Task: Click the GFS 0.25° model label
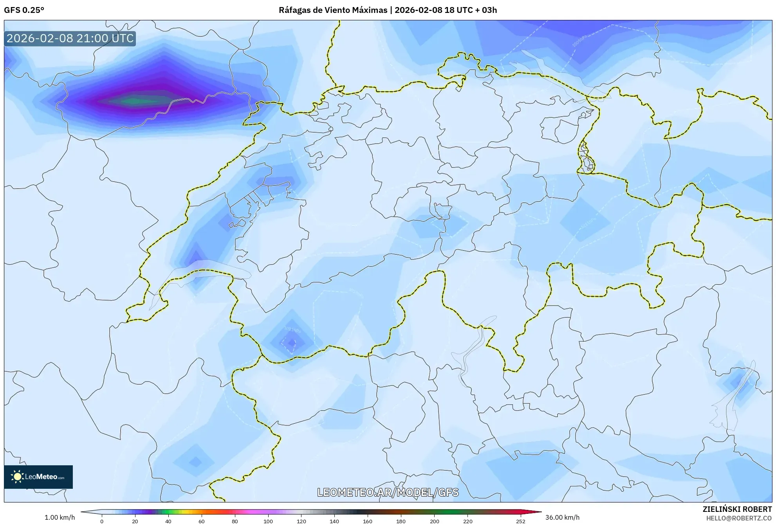[24, 10]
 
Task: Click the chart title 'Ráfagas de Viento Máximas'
[333, 10]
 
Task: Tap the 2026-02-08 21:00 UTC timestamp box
[70, 38]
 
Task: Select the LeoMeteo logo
[38, 477]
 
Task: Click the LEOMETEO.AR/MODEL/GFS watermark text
[388, 492]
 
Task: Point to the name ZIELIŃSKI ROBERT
[737, 509]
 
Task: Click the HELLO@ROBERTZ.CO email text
[739, 518]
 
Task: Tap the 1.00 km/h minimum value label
[60, 517]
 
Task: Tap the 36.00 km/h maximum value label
[562, 517]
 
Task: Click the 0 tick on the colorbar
[102, 521]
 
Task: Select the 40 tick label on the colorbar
[168, 521]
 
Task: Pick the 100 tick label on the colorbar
[268, 521]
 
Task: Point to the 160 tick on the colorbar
[368, 521]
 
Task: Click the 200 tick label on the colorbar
[434, 521]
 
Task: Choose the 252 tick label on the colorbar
[521, 521]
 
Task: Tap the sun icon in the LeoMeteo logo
[17, 477]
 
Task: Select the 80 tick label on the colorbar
[235, 521]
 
